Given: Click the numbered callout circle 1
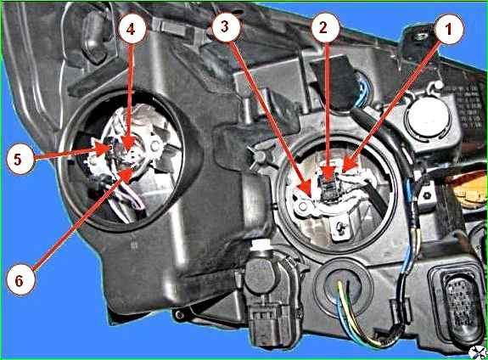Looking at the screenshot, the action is (448, 29).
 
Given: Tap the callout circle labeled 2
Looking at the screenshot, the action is (324, 28).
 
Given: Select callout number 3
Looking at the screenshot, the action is (225, 27).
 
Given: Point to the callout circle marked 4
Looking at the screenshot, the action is (131, 30).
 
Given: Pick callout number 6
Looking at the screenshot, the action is (20, 280).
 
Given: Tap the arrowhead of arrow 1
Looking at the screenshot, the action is (348, 165).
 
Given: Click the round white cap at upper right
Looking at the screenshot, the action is (429, 116).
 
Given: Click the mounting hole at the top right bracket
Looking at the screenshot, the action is (421, 37).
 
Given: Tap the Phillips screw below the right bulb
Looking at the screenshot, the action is (342, 229).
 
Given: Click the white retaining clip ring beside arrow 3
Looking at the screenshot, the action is (301, 205).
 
